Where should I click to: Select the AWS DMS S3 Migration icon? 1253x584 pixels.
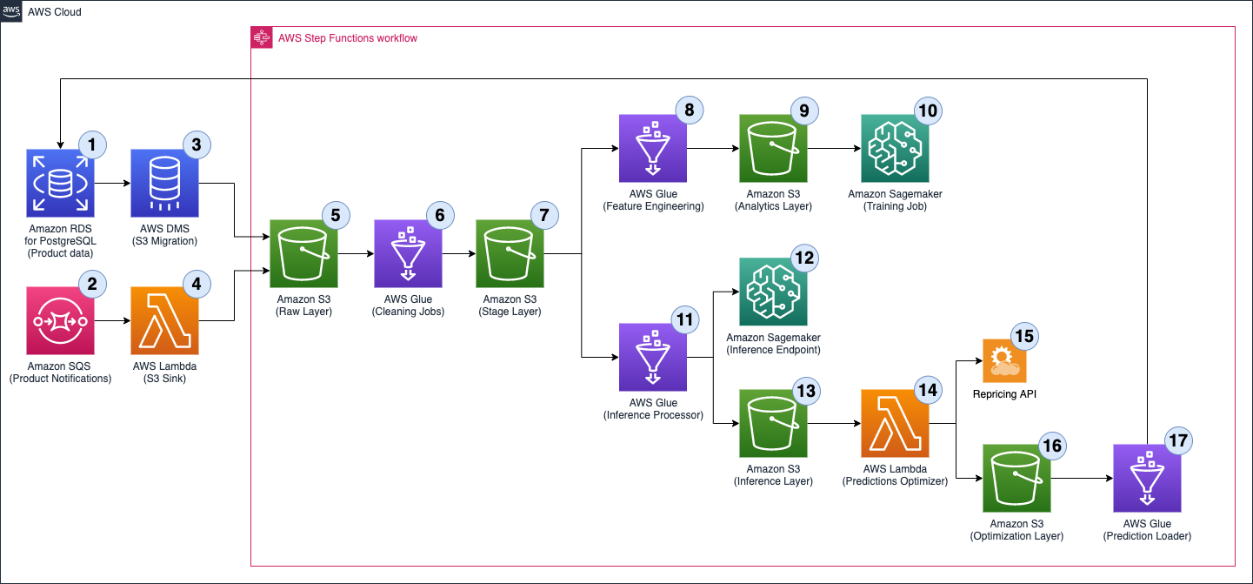coord(164,183)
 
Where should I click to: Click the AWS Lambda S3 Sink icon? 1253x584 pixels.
coord(164,321)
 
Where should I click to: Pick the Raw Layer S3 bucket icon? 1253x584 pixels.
coord(303,253)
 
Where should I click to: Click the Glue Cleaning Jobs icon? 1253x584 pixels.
coord(408,253)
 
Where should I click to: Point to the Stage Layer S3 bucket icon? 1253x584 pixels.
coord(510,253)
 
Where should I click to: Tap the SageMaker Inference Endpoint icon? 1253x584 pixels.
coord(773,292)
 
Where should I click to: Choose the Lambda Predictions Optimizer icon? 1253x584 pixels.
coord(895,424)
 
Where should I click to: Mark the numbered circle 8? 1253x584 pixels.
coord(690,110)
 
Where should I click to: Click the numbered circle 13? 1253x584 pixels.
coord(806,392)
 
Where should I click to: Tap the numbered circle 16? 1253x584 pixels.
coord(1051,446)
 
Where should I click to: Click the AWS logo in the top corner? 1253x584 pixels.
coord(11,11)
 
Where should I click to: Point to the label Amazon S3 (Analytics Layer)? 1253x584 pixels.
coord(773,200)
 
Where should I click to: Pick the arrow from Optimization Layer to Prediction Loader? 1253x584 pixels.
coord(1081,479)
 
